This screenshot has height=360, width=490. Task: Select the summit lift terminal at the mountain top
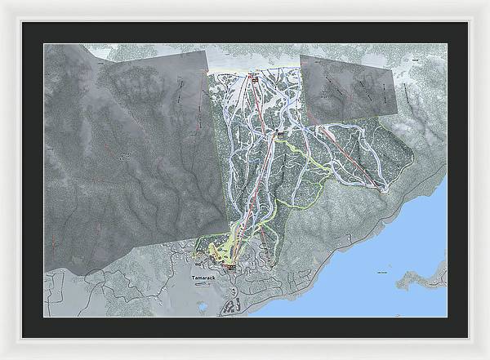252,77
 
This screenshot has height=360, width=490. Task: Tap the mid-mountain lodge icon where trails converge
280,133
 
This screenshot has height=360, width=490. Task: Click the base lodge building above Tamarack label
231,266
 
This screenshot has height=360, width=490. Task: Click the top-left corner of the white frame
3,3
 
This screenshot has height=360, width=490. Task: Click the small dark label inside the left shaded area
124,154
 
